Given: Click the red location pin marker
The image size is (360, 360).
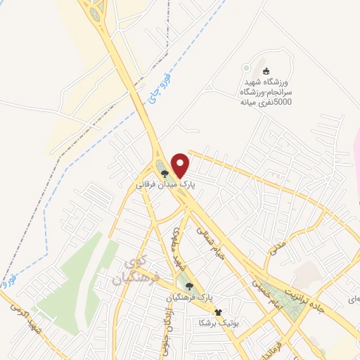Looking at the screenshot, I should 181,165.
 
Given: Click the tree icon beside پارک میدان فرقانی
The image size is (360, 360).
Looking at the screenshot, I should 165,172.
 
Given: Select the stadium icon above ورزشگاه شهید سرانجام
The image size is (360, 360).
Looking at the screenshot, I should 266,71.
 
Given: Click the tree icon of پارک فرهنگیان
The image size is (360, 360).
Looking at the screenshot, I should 189,285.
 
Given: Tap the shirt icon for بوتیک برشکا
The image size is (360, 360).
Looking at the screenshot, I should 218,311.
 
